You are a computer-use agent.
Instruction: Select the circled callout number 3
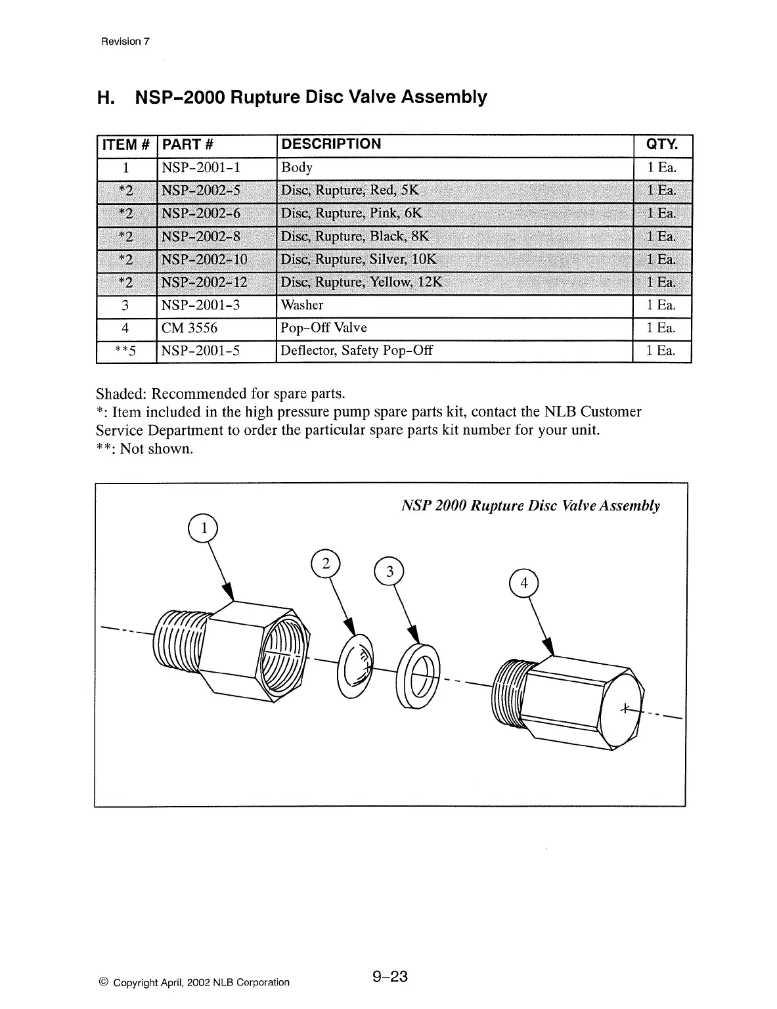(x=389, y=572)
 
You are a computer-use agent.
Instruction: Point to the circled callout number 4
(x=523, y=583)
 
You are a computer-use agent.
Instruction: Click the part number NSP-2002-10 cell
(x=204, y=259)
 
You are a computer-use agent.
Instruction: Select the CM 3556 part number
(x=189, y=328)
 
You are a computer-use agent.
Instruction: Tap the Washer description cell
(x=302, y=305)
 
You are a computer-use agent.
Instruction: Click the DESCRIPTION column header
(x=330, y=145)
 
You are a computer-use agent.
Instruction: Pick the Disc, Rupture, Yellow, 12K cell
(x=361, y=282)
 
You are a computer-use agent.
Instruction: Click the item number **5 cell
(x=125, y=351)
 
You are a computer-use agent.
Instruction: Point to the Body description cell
(x=297, y=168)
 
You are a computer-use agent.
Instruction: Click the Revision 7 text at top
(x=125, y=41)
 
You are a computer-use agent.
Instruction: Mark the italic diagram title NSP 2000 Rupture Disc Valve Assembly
(x=530, y=505)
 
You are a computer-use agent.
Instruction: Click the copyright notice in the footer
(x=194, y=982)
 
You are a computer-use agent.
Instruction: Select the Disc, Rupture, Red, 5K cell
(x=349, y=191)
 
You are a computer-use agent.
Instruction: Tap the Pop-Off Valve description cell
(x=324, y=328)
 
